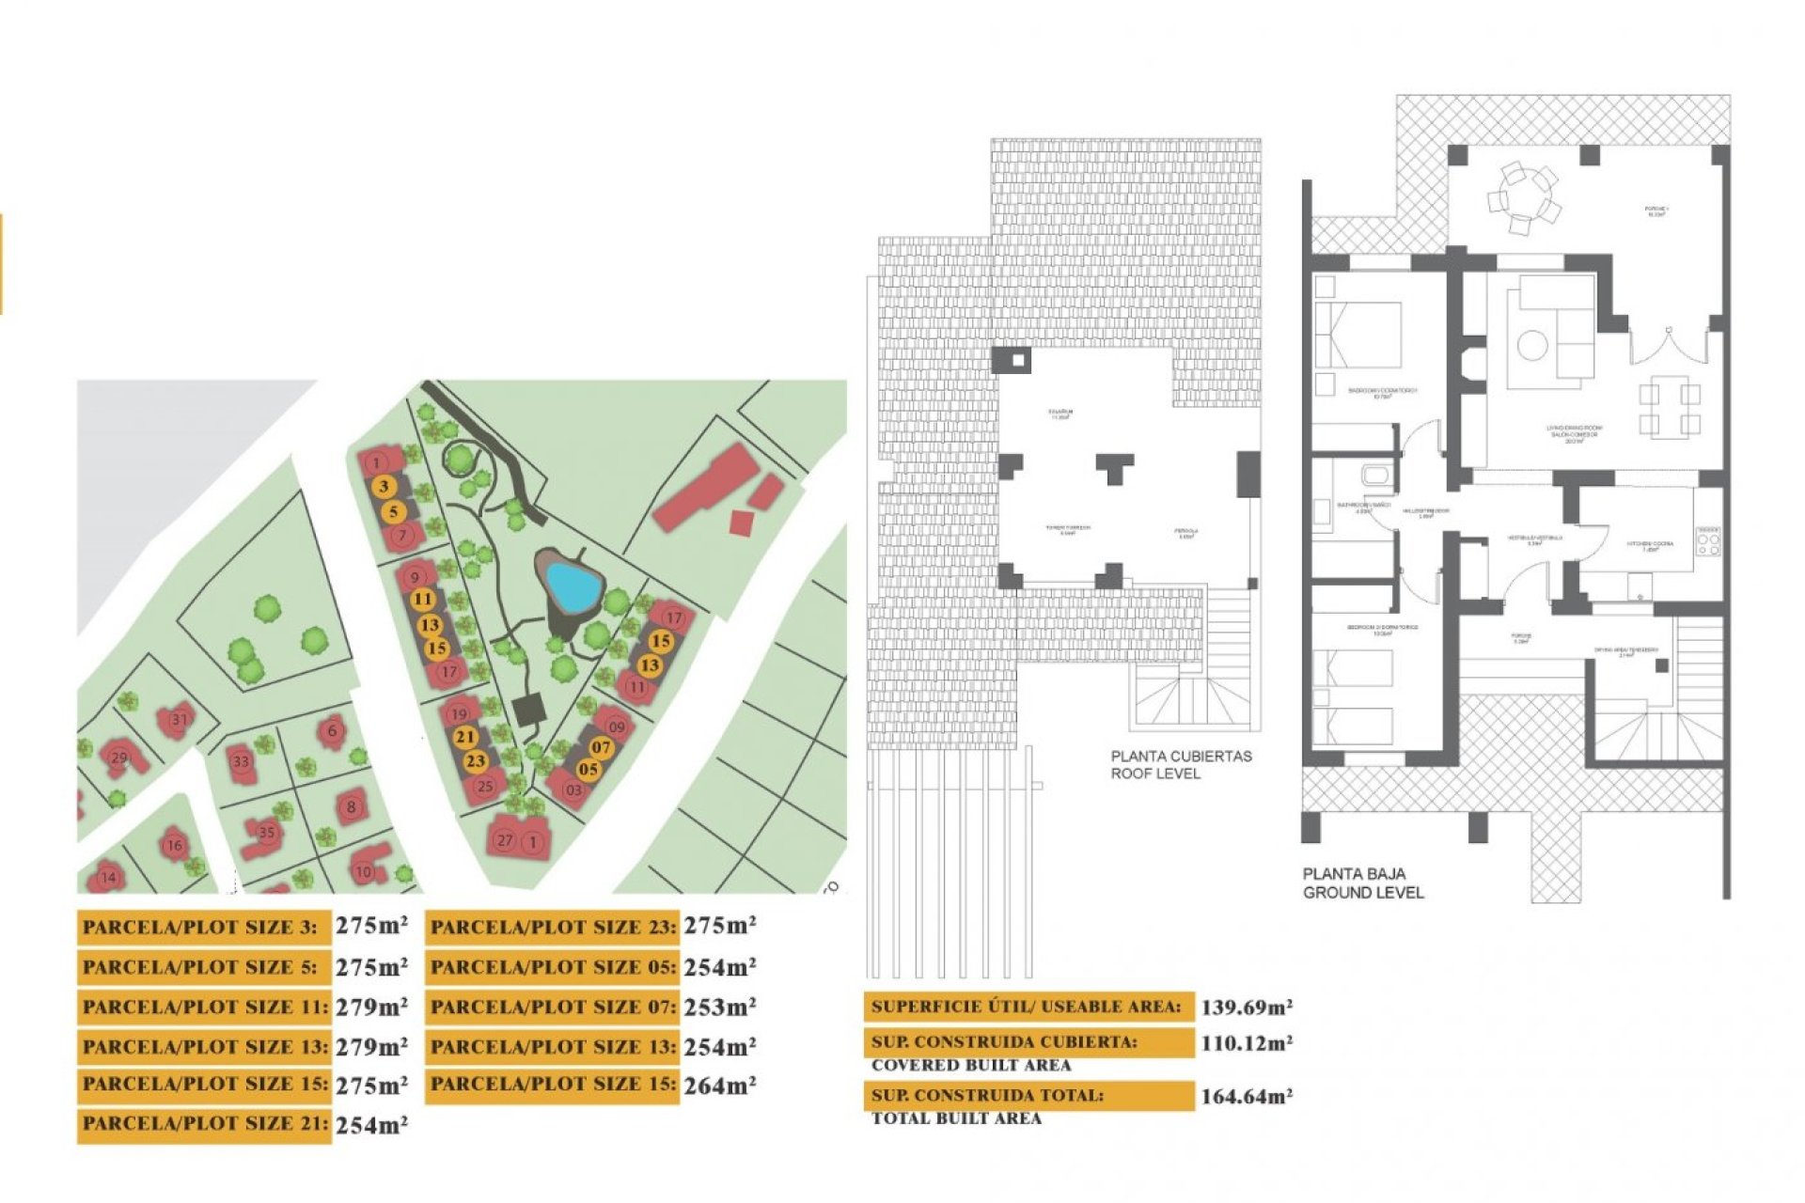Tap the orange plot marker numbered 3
point(384,487)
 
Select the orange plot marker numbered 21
point(464,737)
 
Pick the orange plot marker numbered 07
point(601,748)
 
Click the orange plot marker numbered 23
point(476,761)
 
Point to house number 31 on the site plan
point(179,720)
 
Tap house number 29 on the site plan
point(119,758)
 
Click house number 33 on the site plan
point(242,762)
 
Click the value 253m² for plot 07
point(719,1007)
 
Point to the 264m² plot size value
point(719,1086)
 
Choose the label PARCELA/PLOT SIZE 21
point(204,1124)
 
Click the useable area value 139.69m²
point(1247,1008)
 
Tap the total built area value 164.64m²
point(1247,1096)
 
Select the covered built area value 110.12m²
point(1247,1043)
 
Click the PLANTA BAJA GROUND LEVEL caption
point(1362,883)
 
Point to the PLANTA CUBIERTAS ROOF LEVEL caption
point(1181,764)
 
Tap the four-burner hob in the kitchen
point(1708,542)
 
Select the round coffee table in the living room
point(1532,345)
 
